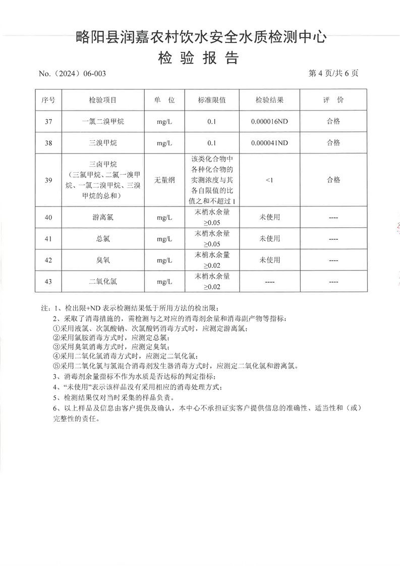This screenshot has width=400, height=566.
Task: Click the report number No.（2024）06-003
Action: [x=72, y=74]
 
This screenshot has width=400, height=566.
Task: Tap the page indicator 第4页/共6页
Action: [x=333, y=73]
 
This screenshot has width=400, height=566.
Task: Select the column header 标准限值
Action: [x=212, y=100]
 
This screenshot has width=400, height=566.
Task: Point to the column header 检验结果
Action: [x=269, y=100]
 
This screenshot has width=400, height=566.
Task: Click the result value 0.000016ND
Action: [x=269, y=121]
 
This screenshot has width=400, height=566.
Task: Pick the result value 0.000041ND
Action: [x=269, y=143]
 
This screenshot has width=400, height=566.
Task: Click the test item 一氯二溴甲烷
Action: [x=103, y=121]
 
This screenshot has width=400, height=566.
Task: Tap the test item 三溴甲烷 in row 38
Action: [x=103, y=143]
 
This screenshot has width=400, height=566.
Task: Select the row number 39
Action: [x=48, y=180]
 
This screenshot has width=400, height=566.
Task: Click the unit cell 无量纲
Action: [x=165, y=180]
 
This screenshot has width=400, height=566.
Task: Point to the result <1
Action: [x=269, y=180]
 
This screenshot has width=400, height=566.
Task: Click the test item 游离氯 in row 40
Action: [x=103, y=217]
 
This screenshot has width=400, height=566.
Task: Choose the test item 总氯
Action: [x=103, y=239]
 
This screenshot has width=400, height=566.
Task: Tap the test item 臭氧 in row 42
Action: [x=103, y=260]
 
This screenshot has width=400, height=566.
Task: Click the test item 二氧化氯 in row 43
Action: [x=103, y=282]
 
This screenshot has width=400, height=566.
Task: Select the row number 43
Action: [x=48, y=282]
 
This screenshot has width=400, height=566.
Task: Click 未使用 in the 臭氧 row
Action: [x=269, y=260]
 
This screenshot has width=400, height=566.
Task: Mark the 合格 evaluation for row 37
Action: [x=333, y=121]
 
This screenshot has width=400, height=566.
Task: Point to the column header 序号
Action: [x=48, y=100]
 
